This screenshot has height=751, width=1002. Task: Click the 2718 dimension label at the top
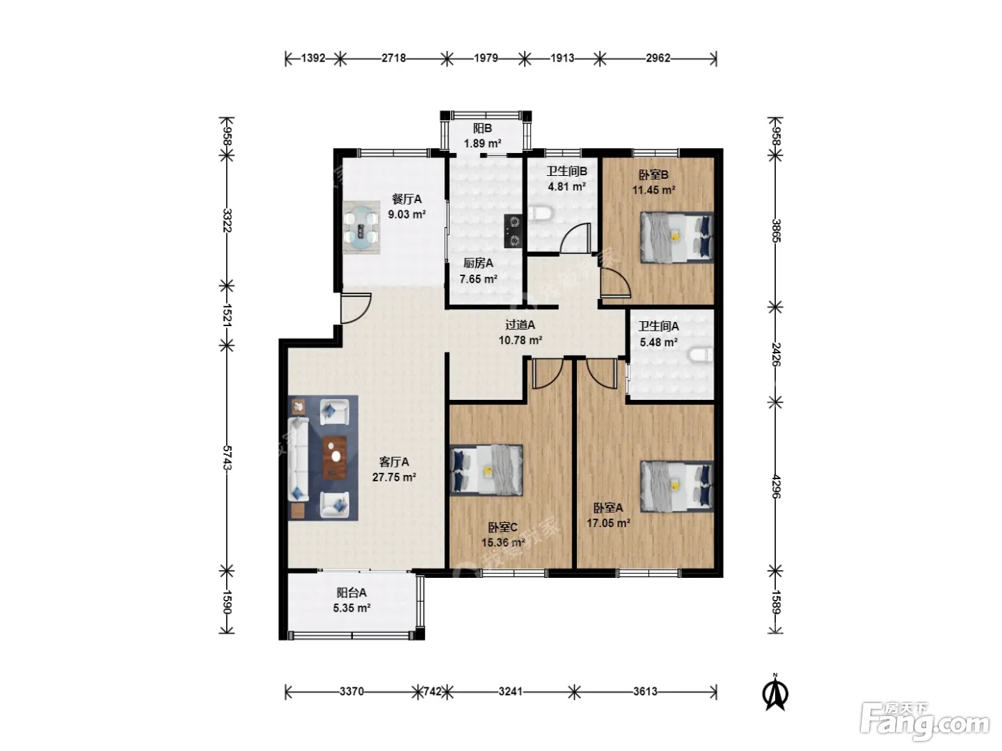point(394,59)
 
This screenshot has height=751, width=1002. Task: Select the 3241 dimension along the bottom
point(510,692)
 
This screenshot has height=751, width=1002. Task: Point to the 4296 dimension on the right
point(776,486)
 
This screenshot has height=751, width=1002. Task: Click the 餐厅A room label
point(407,200)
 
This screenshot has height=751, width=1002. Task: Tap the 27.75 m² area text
point(394,477)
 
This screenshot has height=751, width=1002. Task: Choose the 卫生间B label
point(567,172)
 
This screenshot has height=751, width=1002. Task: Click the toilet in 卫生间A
point(701,355)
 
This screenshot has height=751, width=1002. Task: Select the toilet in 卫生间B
point(540,213)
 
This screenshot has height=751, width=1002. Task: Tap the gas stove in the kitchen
point(513,231)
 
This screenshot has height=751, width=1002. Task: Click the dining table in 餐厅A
point(362,227)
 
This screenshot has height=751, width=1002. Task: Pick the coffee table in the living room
point(335,458)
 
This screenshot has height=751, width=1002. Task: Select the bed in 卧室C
point(487,470)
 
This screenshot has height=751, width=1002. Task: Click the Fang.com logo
point(925,722)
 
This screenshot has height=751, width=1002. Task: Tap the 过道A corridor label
point(520,325)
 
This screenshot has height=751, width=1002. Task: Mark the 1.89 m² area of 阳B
point(482,144)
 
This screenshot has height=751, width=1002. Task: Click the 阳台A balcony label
point(351,593)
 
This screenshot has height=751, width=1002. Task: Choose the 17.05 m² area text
point(608,523)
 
